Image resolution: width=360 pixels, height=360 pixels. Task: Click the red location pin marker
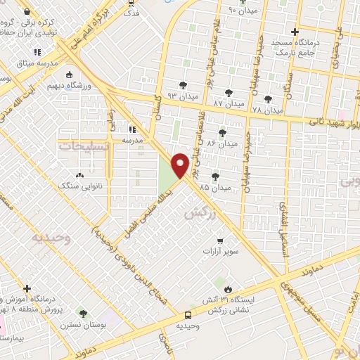181,165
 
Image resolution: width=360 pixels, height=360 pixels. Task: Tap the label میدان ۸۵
214,188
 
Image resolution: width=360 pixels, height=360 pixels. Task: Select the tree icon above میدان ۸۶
223,133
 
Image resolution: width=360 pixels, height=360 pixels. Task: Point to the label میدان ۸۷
228,103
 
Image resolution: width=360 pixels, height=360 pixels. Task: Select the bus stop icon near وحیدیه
188,315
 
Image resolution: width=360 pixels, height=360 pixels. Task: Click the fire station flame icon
227,289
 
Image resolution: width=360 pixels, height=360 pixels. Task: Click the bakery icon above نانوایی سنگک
79,176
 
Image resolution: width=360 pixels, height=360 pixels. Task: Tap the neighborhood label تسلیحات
76,146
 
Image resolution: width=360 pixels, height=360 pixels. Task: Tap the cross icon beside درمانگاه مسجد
295,32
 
